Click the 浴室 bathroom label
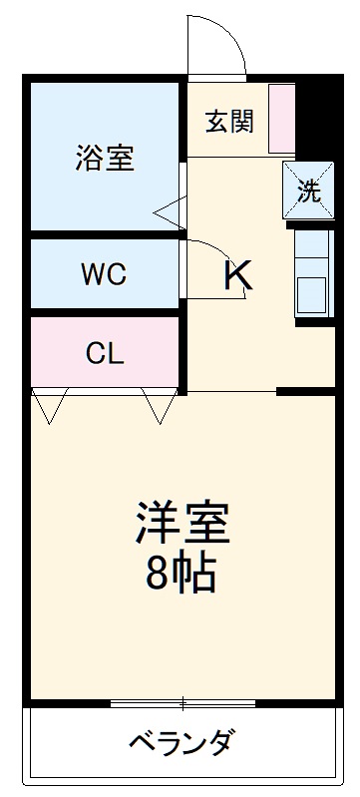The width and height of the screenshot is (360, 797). click(x=104, y=158)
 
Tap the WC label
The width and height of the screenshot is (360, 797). click(x=104, y=274)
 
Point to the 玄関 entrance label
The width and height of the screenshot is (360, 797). click(x=230, y=121)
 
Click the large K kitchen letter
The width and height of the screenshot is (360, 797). click(x=237, y=274)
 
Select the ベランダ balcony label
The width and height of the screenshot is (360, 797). click(x=181, y=743)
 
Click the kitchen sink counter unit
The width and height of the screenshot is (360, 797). click(x=312, y=273)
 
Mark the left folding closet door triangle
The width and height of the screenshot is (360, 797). click(x=49, y=403)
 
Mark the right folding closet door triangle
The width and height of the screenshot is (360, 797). click(x=160, y=403)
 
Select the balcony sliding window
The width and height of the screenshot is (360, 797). click(x=182, y=704)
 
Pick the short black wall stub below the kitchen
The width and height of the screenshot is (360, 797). click(x=305, y=390)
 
